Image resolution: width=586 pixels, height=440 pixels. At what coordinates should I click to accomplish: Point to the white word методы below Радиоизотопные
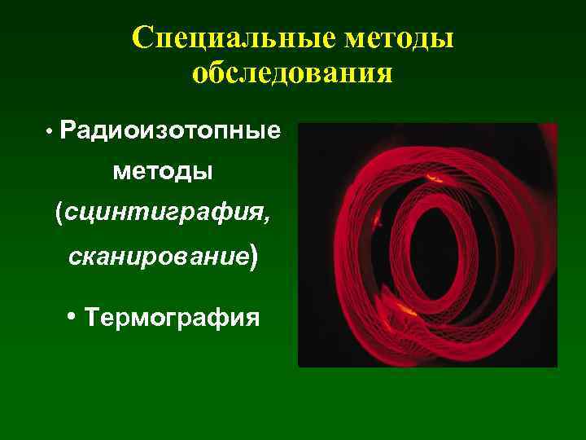tap(162, 172)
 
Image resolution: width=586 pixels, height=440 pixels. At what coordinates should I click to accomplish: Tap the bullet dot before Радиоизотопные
tap(50, 131)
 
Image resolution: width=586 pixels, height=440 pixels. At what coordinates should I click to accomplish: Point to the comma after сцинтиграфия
tap(265, 222)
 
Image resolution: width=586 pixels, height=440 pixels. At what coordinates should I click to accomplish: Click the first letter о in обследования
tap(199, 76)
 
